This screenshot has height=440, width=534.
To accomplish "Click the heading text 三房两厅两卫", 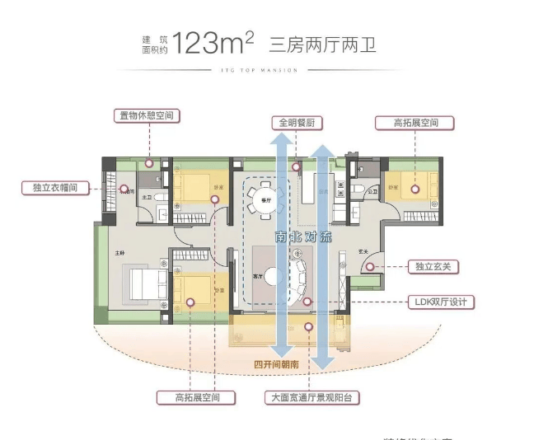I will (x=327, y=42).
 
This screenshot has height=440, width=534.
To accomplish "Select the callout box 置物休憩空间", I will (x=148, y=115).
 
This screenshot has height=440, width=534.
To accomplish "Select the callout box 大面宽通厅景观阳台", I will (x=312, y=396).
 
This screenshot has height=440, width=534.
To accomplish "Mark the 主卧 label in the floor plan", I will (x=119, y=253).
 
